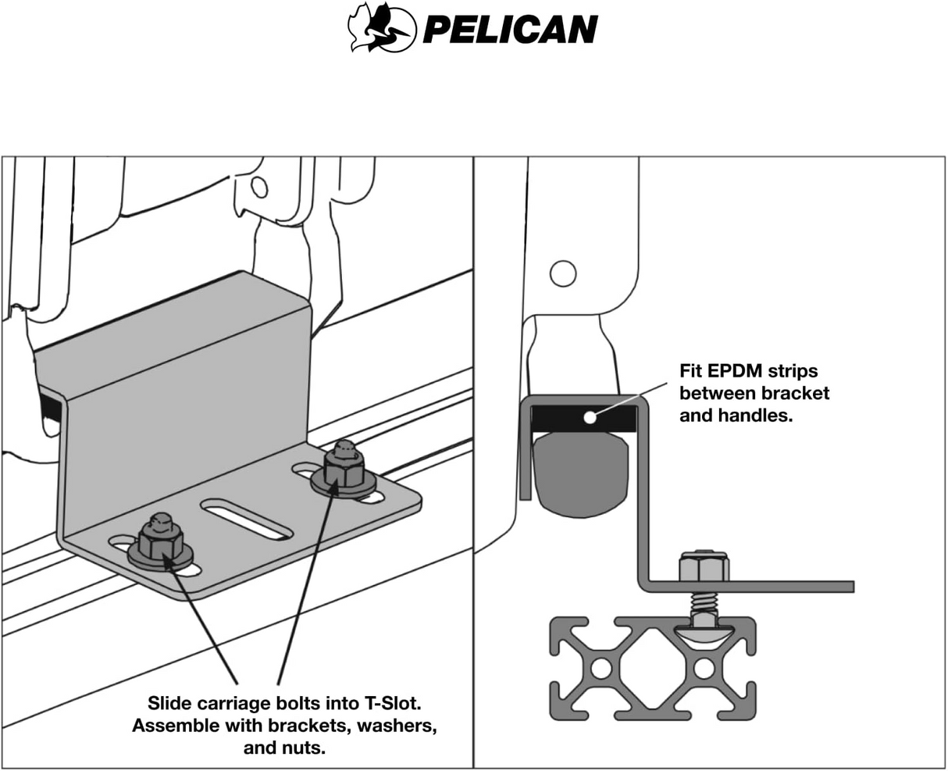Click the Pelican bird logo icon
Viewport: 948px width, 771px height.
pyautogui.click(x=381, y=28)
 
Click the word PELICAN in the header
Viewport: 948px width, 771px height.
pyautogui.click(x=510, y=30)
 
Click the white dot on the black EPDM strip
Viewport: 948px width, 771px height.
pyautogui.click(x=590, y=417)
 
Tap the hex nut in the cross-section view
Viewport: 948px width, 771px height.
pyautogui.click(x=704, y=567)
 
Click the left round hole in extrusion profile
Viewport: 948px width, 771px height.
pyautogui.click(x=601, y=669)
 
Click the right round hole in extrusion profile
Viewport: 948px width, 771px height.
pyautogui.click(x=704, y=669)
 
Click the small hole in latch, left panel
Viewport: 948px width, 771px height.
pyautogui.click(x=260, y=187)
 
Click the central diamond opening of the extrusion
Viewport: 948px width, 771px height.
pyautogui.click(x=652, y=669)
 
